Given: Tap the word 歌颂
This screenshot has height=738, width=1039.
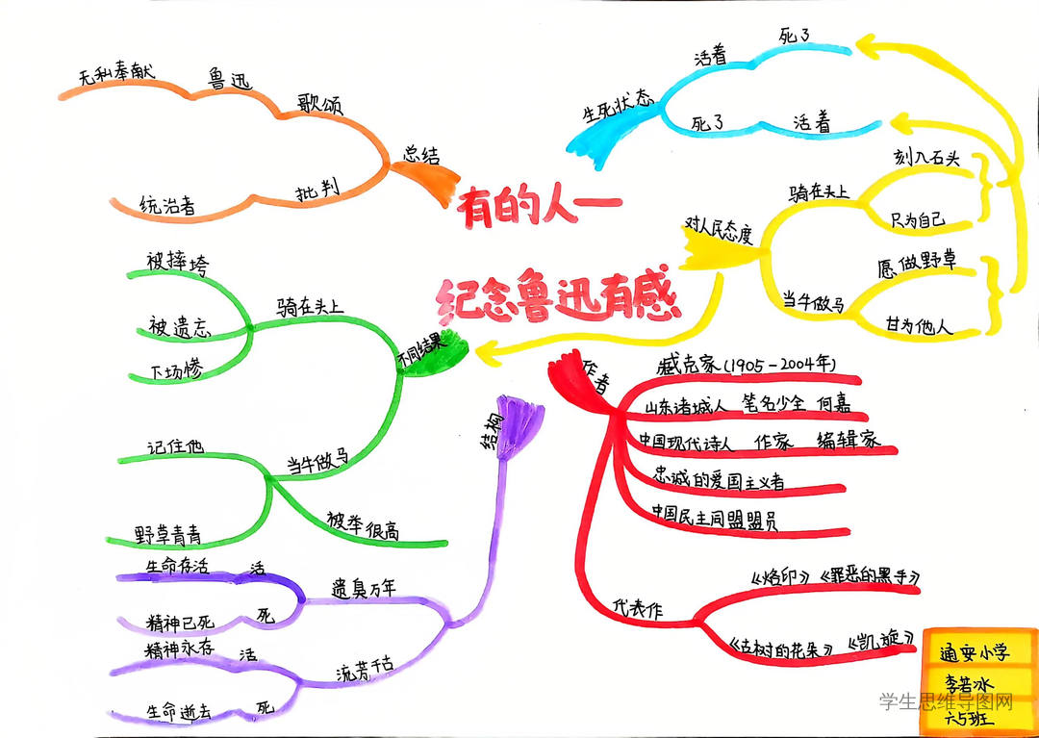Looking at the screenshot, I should click(x=321, y=104).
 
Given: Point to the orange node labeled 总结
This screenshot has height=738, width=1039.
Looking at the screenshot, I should click(x=421, y=155).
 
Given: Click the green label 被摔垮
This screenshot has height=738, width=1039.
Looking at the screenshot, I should click(x=175, y=262).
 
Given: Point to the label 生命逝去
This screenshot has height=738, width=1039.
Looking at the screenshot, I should click(x=178, y=711).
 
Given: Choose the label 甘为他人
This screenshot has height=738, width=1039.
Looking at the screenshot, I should click(x=920, y=326).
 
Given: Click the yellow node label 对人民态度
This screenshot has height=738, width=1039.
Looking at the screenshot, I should click(x=718, y=231).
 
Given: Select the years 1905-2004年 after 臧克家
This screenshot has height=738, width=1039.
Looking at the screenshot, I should click(x=782, y=367).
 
